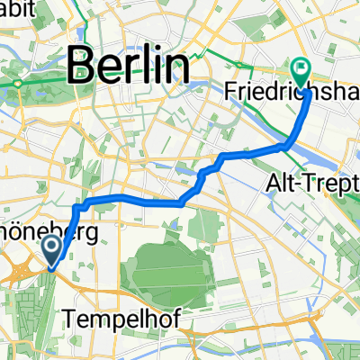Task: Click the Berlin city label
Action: [x=130, y=66]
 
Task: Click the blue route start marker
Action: [x=53, y=249]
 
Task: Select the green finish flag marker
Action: [x=300, y=67]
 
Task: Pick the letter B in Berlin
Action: [x=83, y=66]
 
